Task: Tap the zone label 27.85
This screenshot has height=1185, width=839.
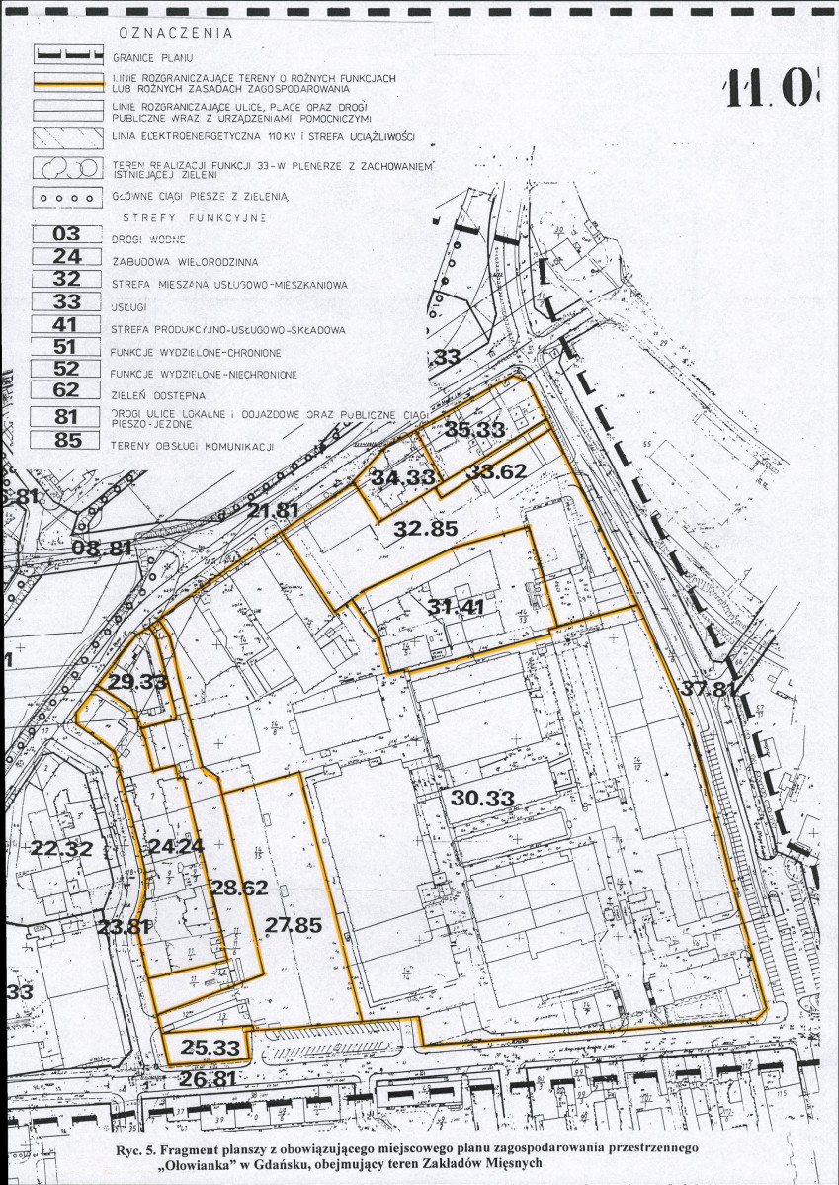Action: [294, 925]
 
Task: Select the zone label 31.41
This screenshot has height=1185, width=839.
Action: [457, 607]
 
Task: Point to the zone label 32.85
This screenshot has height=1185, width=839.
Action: [426, 529]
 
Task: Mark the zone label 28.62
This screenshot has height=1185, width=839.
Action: [239, 889]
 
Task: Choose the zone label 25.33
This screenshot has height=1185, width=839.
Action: [207, 1047]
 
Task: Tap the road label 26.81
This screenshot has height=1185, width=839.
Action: [207, 1079]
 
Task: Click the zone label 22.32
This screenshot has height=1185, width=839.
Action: [60, 847]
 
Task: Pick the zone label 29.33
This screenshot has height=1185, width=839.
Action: [138, 682]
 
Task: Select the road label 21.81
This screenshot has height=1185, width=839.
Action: [274, 510]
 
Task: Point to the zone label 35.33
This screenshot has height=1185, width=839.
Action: [474, 429]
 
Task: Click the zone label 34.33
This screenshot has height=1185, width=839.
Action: [403, 477]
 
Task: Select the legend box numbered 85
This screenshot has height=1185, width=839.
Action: [67, 442]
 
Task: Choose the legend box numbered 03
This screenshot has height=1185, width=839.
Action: [67, 236]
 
